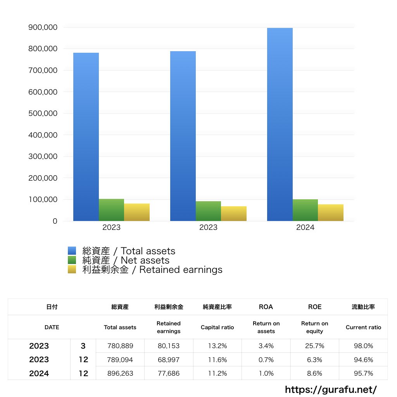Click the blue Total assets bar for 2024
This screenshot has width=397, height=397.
tap(280, 124)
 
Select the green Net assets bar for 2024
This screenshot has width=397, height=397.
tap(305, 210)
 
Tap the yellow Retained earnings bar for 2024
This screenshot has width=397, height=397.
tap(330, 212)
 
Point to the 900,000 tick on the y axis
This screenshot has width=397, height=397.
tap(43, 28)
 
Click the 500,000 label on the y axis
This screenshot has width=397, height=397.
tap(43, 114)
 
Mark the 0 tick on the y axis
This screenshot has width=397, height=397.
tap(55, 221)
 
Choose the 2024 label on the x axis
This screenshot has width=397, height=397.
tap(305, 228)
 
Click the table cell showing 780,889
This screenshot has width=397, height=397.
tap(120, 346)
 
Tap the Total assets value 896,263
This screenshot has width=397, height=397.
tap(120, 373)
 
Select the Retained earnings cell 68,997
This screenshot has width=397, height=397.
tap(169, 360)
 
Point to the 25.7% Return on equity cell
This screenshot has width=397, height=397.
tap(314, 346)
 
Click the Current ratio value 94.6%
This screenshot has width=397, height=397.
tap(363, 360)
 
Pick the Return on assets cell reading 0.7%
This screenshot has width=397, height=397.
tap(266, 360)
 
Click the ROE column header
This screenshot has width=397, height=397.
tap(314, 307)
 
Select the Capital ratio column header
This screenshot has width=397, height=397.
tap(217, 327)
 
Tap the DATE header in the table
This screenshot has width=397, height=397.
tap(52, 327)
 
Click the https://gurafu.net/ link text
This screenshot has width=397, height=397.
tap(331, 389)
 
